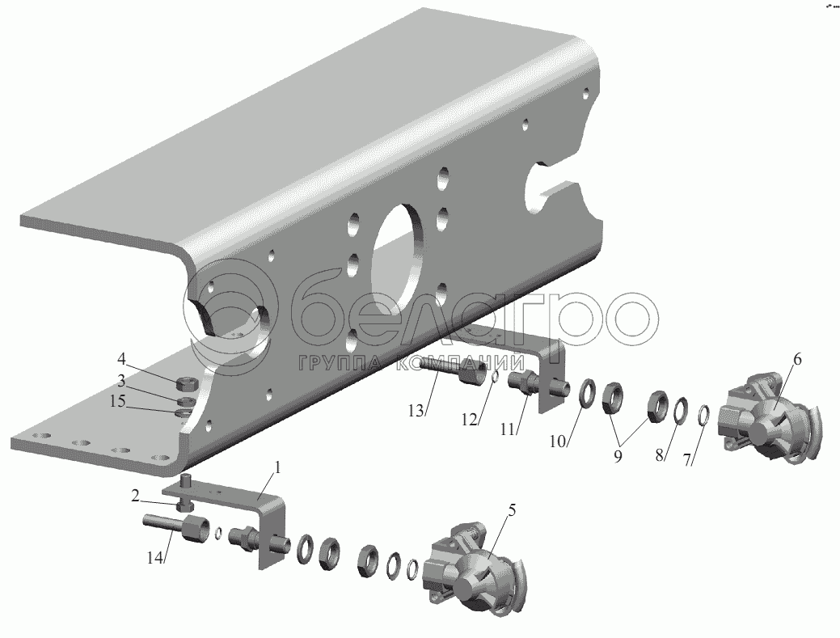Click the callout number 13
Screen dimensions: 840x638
click(x=416, y=411)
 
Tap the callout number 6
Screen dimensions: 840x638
click(x=797, y=360)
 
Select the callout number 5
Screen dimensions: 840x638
click(x=512, y=510)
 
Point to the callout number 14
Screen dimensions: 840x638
click(x=154, y=557)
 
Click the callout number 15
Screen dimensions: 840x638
click(x=117, y=401)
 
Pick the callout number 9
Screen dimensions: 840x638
click(x=618, y=456)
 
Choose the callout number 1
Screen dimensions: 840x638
click(x=277, y=467)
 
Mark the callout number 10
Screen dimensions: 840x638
click(x=558, y=441)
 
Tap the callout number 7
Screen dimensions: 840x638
click(x=687, y=458)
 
